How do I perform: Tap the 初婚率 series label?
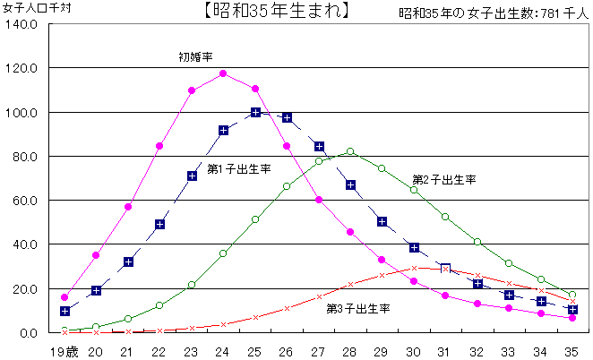(195, 56)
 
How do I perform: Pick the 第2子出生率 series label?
(443, 179)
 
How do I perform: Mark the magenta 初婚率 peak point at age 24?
(223, 73)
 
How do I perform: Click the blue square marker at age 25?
(255, 112)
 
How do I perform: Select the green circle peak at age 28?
(350, 152)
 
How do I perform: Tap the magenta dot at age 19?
(64, 297)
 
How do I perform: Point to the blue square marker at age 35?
(572, 309)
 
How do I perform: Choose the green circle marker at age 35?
(572, 295)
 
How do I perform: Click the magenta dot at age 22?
(159, 146)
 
